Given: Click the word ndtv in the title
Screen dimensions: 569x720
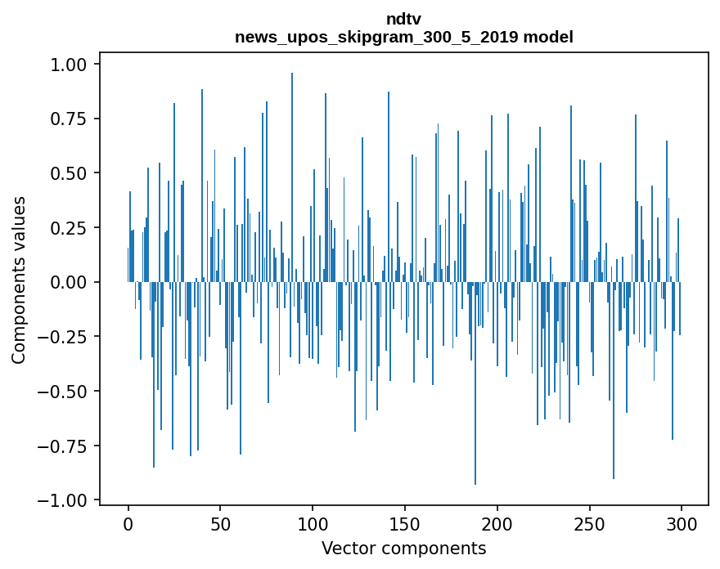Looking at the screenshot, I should pos(403,19).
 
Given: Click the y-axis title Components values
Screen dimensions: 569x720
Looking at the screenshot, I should pos(19,280).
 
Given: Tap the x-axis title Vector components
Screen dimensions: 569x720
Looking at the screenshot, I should pos(403,548).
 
